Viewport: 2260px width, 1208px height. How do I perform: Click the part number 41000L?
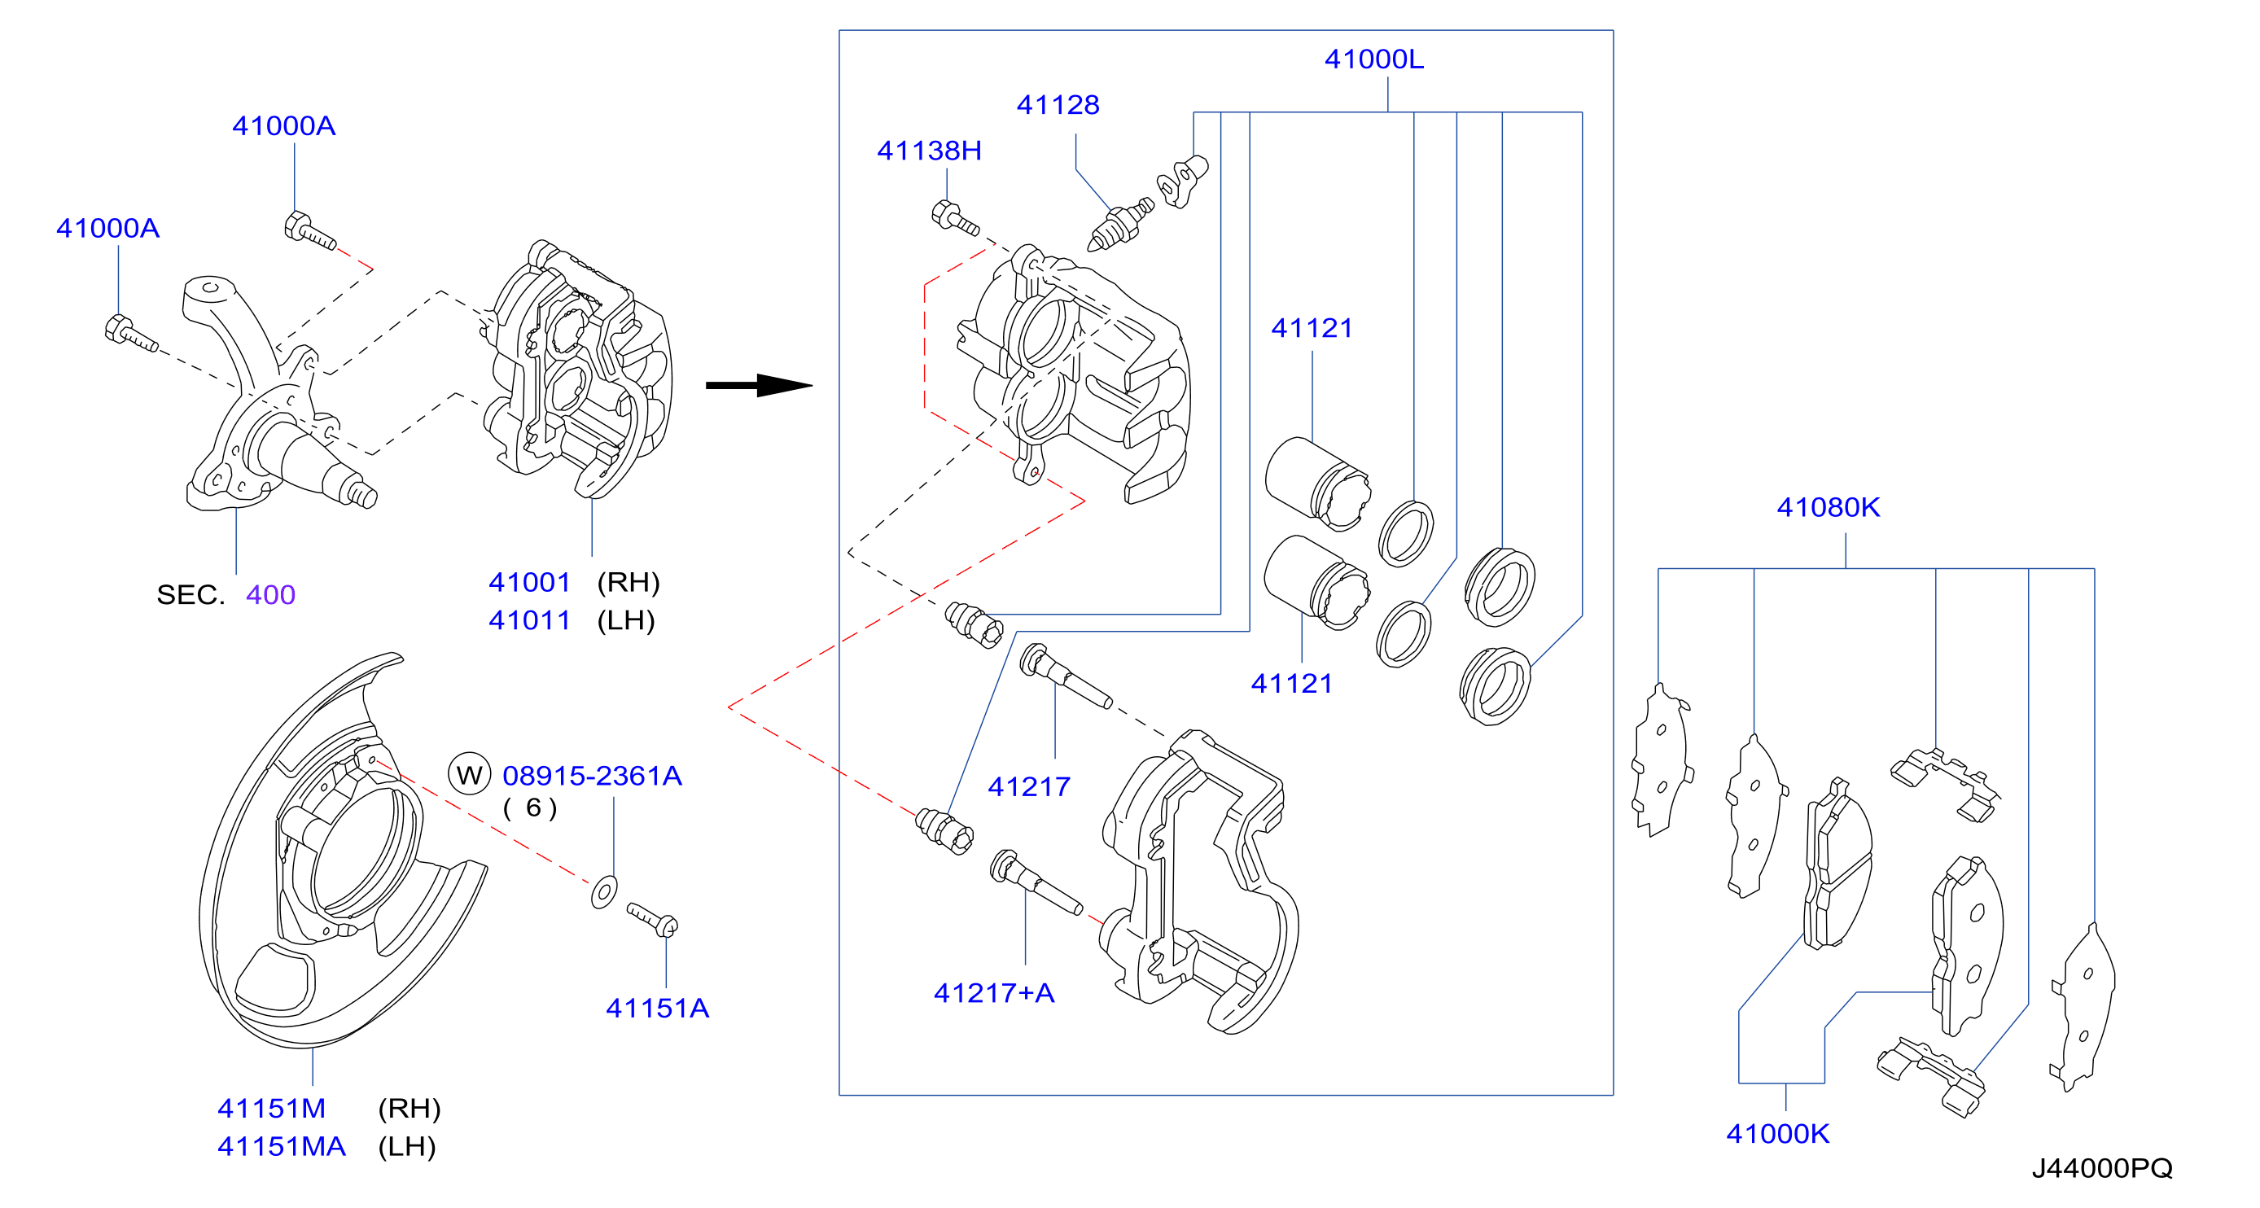click(x=1374, y=59)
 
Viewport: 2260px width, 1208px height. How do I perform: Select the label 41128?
click(x=1058, y=104)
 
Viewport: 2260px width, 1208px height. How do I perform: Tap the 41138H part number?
click(x=929, y=150)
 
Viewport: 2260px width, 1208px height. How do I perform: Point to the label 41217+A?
click(x=994, y=992)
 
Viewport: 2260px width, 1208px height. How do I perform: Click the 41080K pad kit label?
click(x=1829, y=506)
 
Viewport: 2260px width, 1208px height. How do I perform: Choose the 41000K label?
click(x=1777, y=1132)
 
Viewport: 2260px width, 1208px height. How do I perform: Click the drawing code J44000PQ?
click(x=2102, y=1167)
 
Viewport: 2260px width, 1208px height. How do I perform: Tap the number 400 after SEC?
click(x=270, y=594)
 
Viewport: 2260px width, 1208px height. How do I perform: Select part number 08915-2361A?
click(x=592, y=775)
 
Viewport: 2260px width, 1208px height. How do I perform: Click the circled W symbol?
click(x=470, y=774)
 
